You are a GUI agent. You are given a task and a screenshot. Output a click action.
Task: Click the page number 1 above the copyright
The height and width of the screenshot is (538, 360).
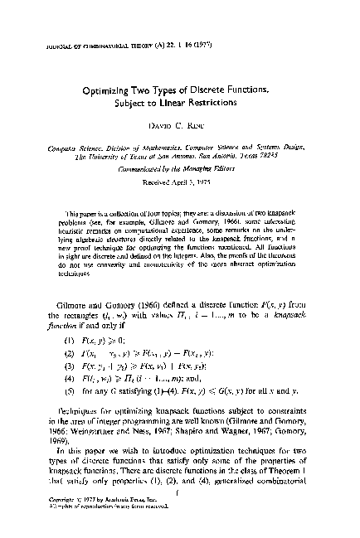pyautogui.click(x=179, y=494)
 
